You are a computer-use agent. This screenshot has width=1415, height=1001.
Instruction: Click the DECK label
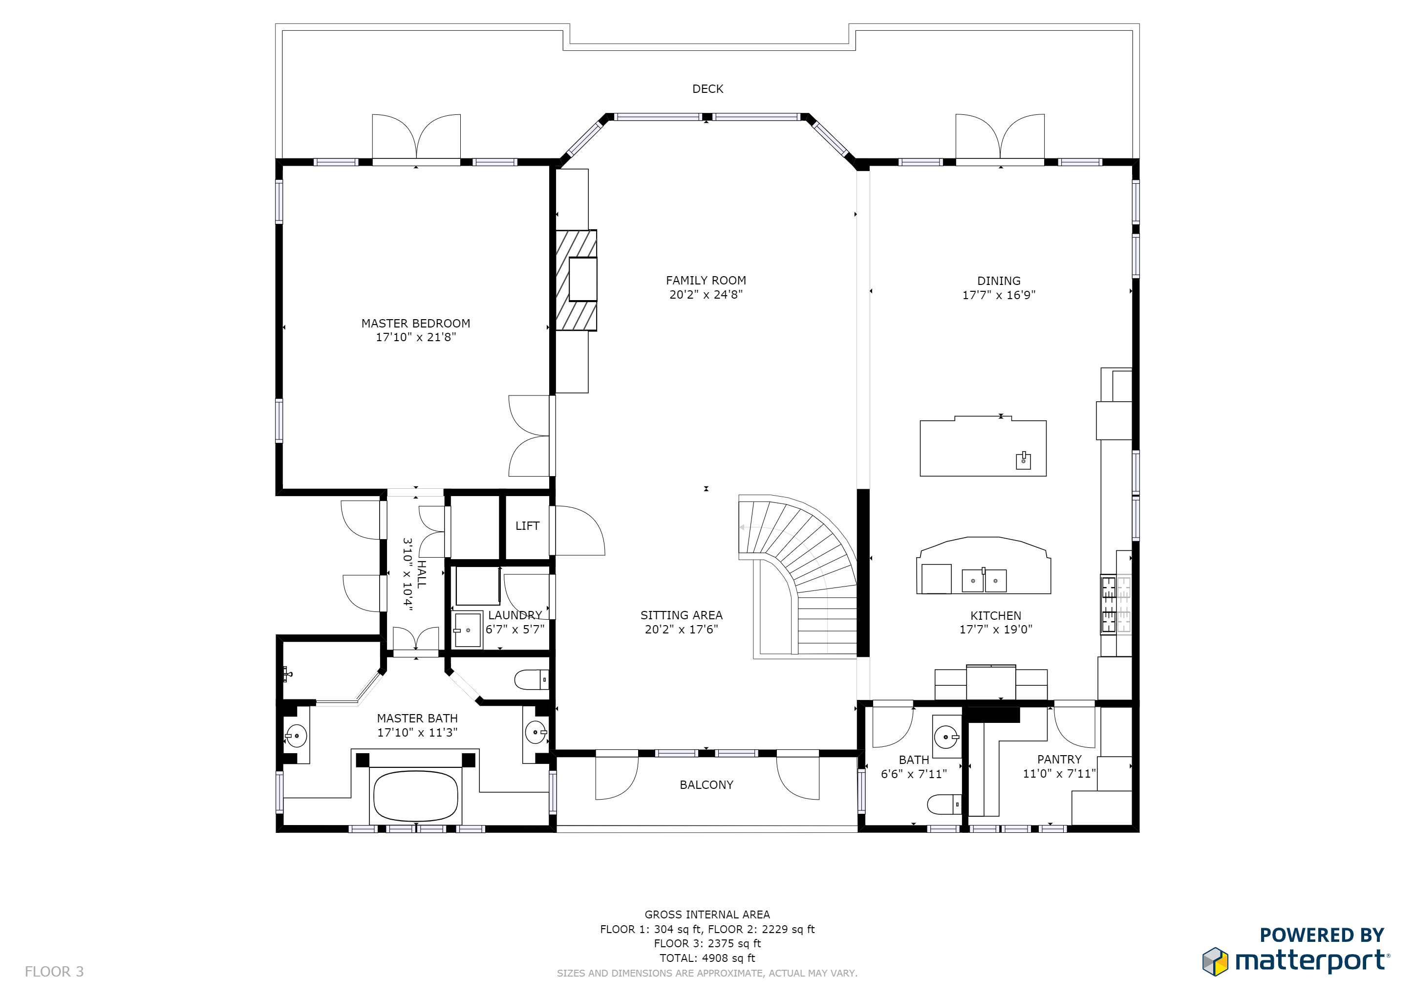click(707, 89)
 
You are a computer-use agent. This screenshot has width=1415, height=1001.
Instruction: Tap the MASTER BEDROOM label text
click(416, 323)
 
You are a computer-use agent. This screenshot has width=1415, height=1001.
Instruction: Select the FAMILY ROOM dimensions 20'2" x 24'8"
click(706, 295)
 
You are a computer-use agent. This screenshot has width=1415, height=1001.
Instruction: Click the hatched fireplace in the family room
click(576, 281)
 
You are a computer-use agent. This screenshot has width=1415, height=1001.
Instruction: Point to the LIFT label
click(528, 526)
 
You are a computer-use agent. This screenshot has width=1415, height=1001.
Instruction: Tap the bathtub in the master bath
click(416, 796)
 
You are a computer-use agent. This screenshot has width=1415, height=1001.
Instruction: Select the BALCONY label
click(706, 784)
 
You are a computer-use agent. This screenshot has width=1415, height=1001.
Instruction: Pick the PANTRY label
click(1059, 760)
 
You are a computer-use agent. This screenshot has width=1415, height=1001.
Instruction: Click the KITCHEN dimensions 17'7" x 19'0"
click(996, 630)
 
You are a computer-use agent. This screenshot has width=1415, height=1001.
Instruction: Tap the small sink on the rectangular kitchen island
click(1023, 460)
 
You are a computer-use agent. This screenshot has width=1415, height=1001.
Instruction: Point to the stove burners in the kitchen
click(1108, 604)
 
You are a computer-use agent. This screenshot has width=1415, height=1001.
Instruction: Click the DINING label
click(999, 281)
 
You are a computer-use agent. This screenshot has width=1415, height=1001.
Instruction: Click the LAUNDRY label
click(515, 615)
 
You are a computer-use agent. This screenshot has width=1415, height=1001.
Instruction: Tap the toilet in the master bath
click(531, 680)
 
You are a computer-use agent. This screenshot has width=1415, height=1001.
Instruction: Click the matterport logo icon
click(1215, 961)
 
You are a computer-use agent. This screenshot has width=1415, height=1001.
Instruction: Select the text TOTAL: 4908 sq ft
click(707, 958)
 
